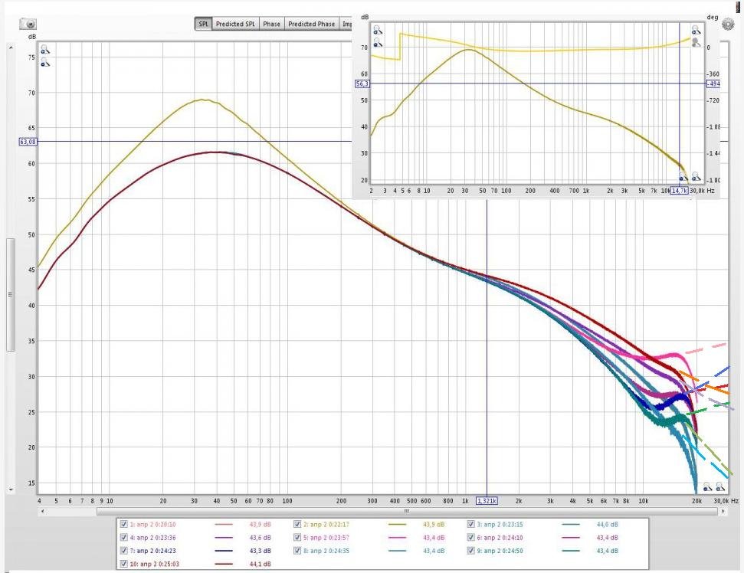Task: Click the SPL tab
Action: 204,24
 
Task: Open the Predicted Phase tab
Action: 311,24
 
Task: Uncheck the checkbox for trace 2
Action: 298,524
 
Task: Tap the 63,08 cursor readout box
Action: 28,142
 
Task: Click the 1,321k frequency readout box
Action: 487,501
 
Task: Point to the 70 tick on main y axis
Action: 31,93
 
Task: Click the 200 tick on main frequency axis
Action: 341,501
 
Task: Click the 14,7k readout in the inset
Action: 679,190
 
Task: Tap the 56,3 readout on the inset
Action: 362,83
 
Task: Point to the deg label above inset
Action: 711,17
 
